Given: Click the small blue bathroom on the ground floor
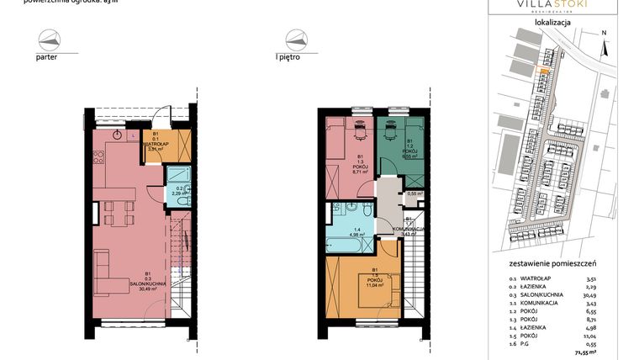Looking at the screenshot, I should pos(177,186).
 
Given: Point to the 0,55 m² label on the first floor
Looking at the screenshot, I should pos(413,193).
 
